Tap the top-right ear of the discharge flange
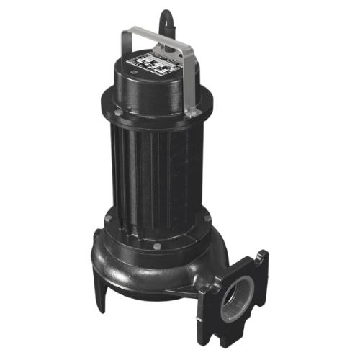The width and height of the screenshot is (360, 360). [x=261, y=258]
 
